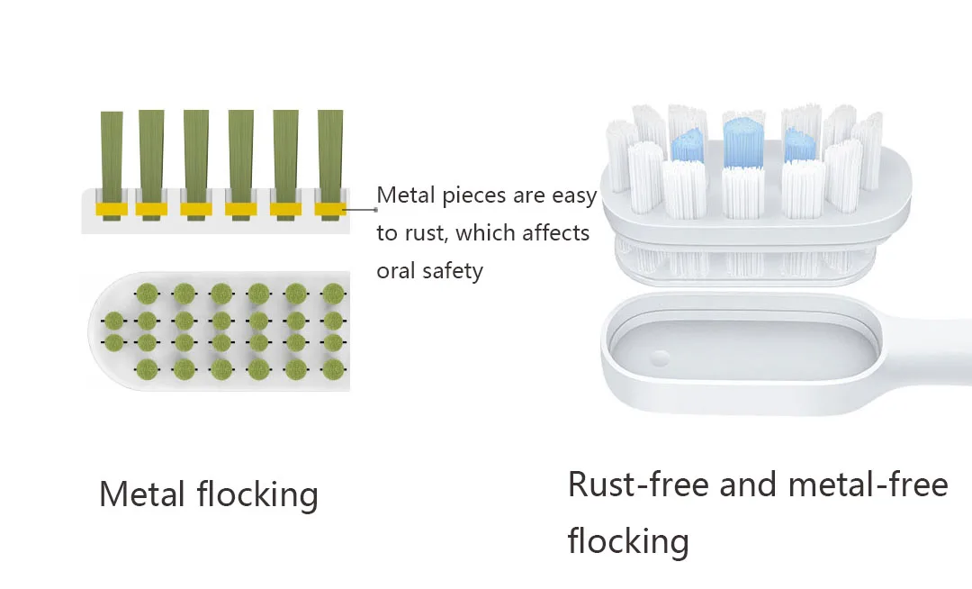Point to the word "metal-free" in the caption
868,485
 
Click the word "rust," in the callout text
424,233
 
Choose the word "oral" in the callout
397,270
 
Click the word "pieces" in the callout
471,195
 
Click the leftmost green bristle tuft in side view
112,153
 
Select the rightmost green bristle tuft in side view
330,153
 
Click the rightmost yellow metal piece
330,210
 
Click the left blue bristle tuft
688,144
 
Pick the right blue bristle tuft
799,144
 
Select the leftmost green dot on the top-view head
112,321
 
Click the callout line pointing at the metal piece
360,210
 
